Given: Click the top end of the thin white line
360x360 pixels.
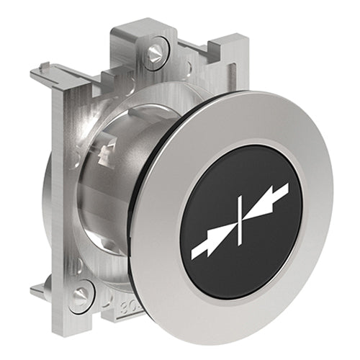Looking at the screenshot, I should [x=240, y=196].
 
